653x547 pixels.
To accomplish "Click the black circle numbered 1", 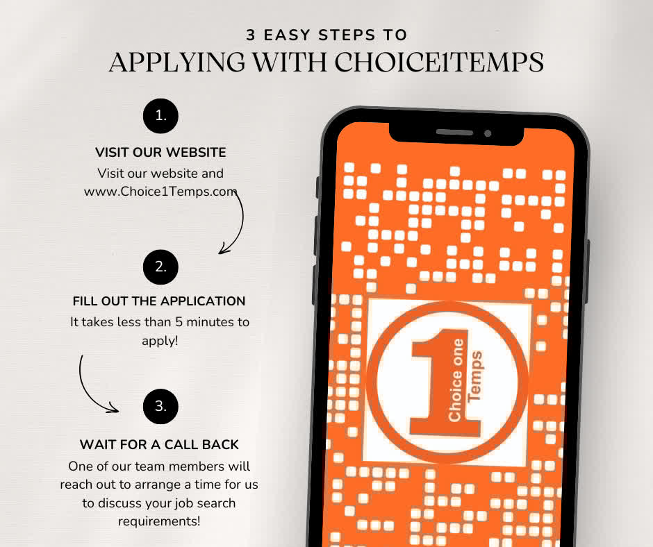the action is point(160,116).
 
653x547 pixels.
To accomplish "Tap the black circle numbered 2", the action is point(160,267).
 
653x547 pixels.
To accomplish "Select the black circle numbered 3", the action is point(160,406).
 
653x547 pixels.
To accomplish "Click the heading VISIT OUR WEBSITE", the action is point(160,152).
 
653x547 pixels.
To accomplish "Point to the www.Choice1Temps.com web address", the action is point(160,192).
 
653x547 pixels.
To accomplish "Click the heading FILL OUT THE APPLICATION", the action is point(159,301).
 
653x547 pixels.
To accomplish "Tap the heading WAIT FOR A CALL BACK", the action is point(159,444).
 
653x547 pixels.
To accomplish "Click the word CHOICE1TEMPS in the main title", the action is point(439,62).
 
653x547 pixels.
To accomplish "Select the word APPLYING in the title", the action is point(177,62).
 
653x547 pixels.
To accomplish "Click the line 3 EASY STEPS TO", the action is point(326,35).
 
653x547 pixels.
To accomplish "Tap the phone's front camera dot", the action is point(488,133).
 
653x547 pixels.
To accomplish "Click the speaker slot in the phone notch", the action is point(454,133).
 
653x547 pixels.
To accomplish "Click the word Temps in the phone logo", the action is point(474,377).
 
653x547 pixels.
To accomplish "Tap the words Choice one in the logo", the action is point(456,380).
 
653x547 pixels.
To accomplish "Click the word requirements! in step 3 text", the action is point(159,521).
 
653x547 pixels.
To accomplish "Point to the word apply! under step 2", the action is point(160,341).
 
